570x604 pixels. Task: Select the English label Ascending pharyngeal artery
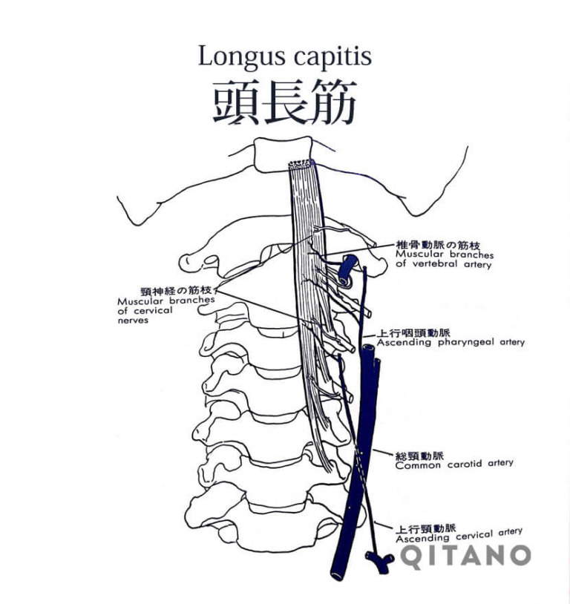point(451,343)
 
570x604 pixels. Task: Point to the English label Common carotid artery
point(453,464)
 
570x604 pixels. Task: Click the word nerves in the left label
point(133,321)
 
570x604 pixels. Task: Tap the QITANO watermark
point(467,556)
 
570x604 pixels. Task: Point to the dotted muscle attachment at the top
point(301,163)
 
